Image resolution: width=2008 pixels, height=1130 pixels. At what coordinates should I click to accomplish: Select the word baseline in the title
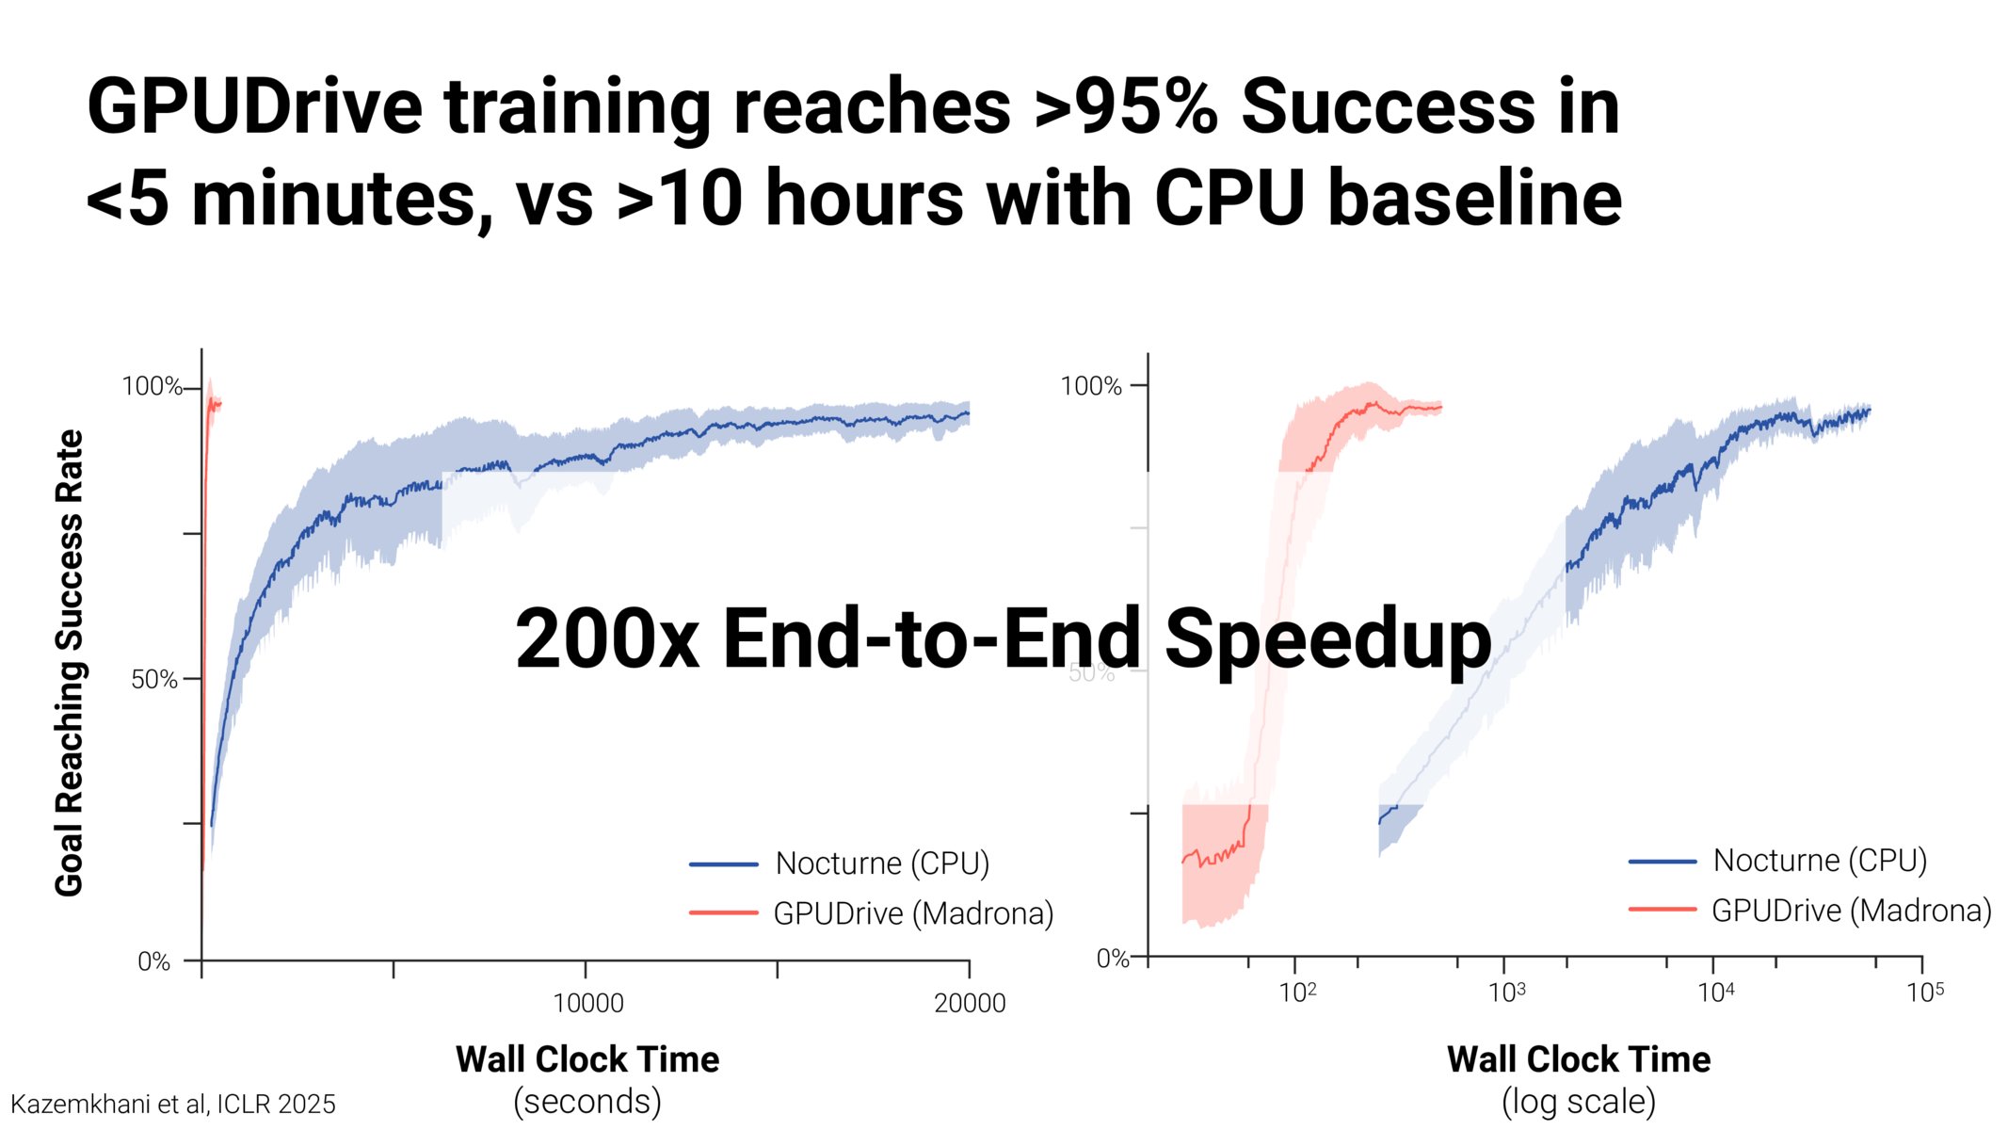1475,198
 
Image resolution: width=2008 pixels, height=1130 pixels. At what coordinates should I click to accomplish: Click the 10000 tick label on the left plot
588,1004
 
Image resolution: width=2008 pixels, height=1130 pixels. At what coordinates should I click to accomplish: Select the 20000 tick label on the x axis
970,1004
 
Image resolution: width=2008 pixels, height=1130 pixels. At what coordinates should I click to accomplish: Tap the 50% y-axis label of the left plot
154,680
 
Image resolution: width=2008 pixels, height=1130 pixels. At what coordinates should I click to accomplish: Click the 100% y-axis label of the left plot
152,386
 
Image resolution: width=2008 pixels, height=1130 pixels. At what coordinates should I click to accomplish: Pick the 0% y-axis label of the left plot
154,961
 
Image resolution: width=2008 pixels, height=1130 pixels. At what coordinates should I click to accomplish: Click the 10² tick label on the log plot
1298,992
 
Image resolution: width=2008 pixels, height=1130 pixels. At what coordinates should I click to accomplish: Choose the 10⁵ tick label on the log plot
1925,992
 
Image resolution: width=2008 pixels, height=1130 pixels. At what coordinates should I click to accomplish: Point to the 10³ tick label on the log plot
1507,992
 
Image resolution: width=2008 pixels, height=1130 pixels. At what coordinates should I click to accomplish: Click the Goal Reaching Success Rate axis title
70,663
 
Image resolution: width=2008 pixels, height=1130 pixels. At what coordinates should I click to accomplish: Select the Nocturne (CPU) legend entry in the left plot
840,864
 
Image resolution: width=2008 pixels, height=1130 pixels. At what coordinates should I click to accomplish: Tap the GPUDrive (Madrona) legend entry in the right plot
1810,911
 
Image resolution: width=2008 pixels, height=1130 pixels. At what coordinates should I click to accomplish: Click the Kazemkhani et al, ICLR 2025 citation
173,1105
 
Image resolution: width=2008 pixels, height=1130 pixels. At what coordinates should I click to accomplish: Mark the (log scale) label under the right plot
1579,1102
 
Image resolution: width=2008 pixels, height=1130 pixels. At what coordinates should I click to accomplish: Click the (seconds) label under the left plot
587,1102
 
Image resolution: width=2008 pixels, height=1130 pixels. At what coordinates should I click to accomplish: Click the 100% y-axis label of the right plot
1091,386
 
